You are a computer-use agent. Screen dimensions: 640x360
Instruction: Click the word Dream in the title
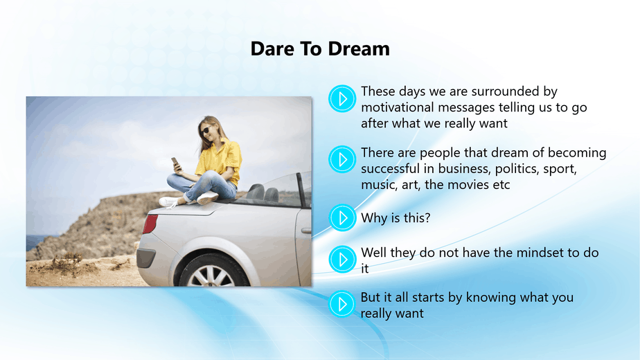point(359,49)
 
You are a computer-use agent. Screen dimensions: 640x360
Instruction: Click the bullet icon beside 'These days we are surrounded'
point(342,98)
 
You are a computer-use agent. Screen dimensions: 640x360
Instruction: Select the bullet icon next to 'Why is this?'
point(342,217)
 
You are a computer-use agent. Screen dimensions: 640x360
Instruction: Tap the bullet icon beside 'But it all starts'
point(342,304)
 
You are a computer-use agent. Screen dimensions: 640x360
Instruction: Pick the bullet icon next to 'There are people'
point(342,159)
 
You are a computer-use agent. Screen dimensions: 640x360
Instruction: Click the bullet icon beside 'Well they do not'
point(342,259)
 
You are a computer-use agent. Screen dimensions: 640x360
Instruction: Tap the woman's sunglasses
point(205,130)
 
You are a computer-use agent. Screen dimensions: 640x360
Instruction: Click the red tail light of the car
point(150,224)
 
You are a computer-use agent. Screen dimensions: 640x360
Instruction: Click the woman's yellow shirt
point(220,161)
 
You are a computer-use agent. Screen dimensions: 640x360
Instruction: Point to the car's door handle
point(306,231)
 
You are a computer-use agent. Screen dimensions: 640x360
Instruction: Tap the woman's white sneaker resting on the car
point(207,198)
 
